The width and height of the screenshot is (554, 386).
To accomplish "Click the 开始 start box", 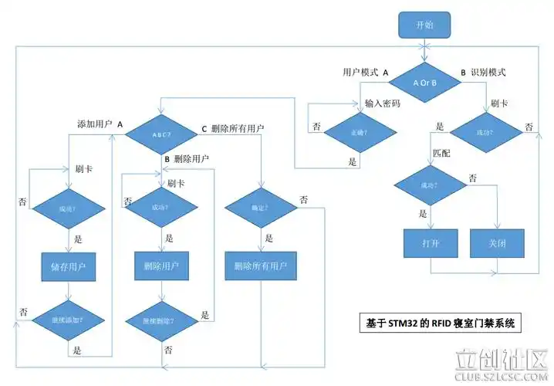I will click(424, 25).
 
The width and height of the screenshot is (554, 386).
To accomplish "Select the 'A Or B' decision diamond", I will click(424, 83).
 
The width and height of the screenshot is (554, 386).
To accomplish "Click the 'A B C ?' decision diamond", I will click(161, 134).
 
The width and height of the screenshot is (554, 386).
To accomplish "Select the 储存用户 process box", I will click(69, 268).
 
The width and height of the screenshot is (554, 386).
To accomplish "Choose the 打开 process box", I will click(430, 243).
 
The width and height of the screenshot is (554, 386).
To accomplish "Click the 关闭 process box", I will click(497, 243).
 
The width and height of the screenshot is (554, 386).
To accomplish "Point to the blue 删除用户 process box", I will click(161, 266).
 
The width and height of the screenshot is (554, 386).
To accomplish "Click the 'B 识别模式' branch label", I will click(483, 72).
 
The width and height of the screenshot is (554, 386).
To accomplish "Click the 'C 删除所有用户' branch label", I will click(233, 128).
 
